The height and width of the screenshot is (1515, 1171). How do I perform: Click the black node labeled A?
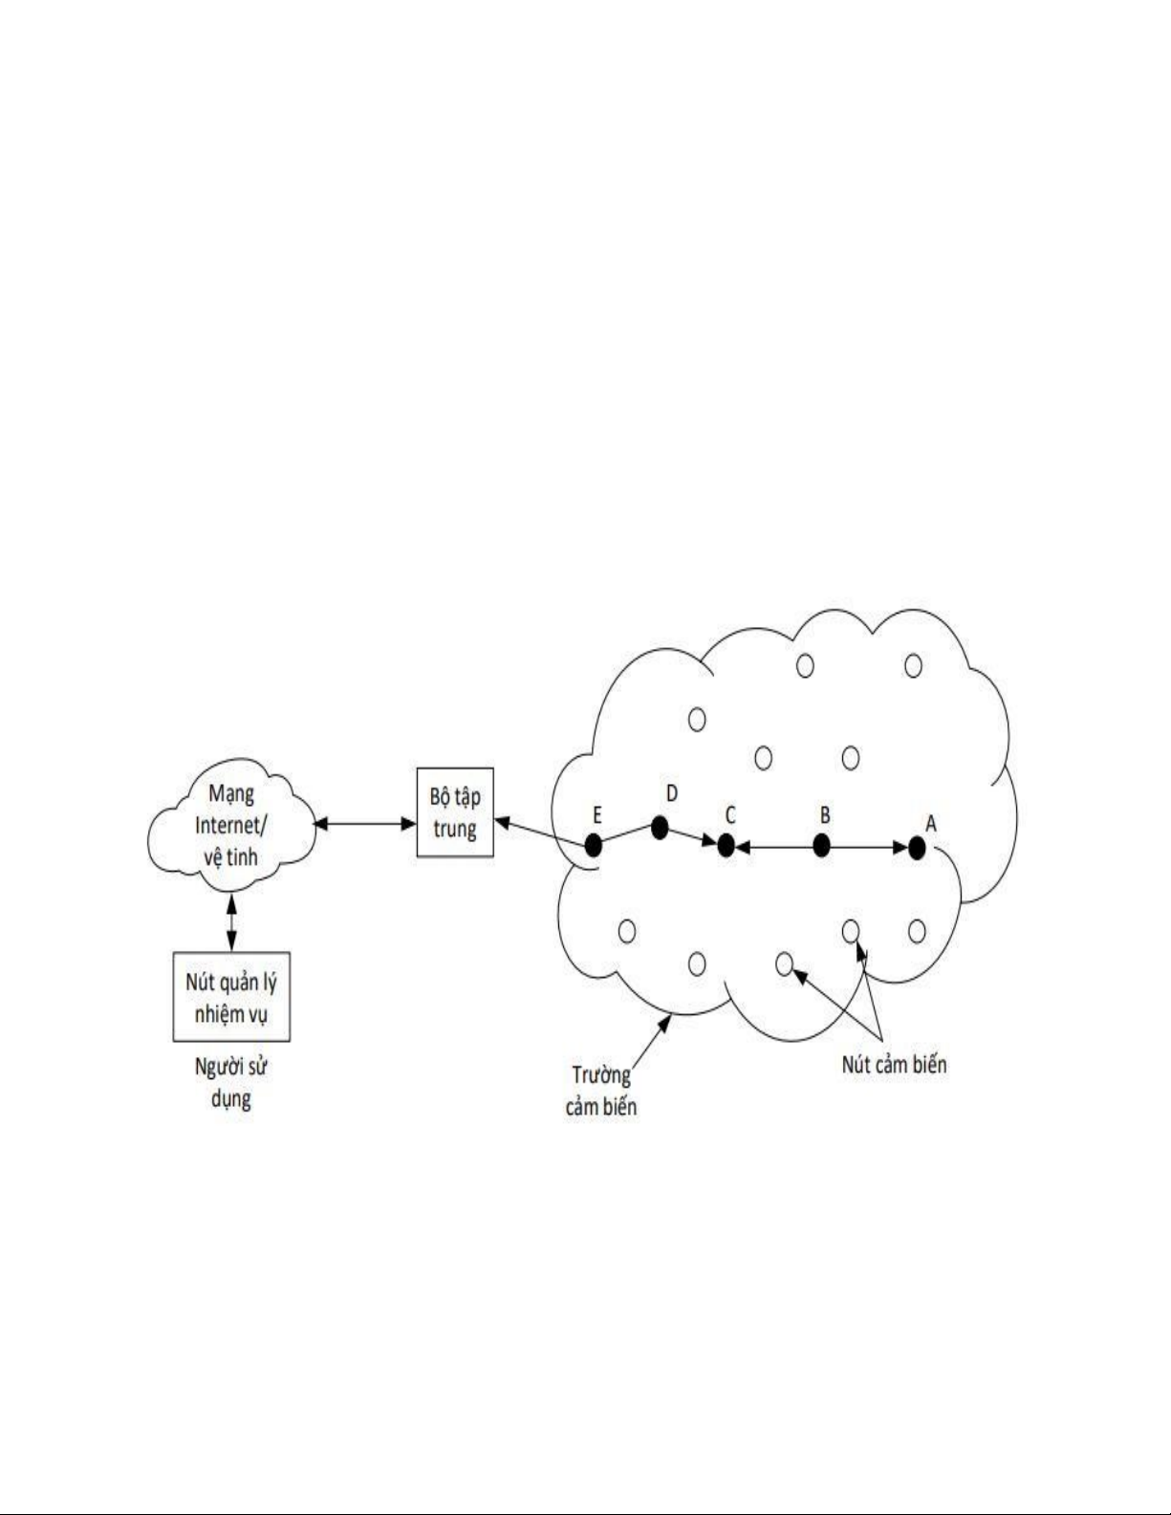click(x=917, y=848)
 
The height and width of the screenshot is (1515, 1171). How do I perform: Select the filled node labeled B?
click(x=822, y=846)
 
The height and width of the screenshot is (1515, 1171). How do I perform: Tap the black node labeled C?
click(x=726, y=846)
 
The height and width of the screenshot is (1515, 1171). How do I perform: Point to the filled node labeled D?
click(x=660, y=828)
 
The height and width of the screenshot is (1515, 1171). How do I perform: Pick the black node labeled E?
click(x=594, y=846)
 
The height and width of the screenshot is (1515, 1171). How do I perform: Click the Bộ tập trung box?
click(x=455, y=812)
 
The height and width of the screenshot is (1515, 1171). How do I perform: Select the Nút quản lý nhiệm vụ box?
click(x=231, y=998)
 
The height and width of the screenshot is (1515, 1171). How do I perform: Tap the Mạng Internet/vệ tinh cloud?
click(x=231, y=825)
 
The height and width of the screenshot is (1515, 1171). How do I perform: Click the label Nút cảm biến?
click(x=895, y=1065)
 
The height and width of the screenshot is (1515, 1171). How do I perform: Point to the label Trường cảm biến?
click(x=601, y=1092)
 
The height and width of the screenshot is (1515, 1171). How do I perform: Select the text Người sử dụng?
click(x=230, y=1083)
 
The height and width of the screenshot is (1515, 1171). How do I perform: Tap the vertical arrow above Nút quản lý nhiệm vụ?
click(x=232, y=922)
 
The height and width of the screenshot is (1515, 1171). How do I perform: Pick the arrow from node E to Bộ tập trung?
click(x=539, y=833)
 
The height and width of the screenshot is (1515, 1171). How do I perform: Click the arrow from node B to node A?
click(x=869, y=848)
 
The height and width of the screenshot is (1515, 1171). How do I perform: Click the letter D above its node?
click(x=672, y=793)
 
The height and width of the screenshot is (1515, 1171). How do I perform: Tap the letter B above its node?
click(x=825, y=815)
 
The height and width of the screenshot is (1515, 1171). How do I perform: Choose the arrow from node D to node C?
click(x=693, y=838)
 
